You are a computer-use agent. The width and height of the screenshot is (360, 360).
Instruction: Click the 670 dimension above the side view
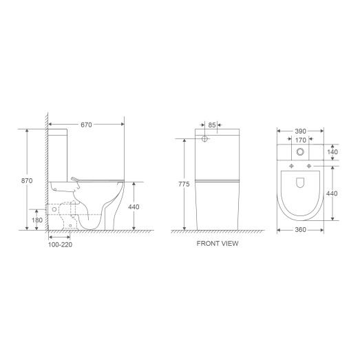click(86, 125)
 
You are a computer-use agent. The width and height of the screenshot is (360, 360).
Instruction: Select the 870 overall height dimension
click(27, 180)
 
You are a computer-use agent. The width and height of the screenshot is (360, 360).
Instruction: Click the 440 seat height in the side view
click(134, 206)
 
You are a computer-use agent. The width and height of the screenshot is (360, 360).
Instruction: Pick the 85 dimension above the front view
click(212, 125)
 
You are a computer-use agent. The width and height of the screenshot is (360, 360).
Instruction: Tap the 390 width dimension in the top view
click(299, 130)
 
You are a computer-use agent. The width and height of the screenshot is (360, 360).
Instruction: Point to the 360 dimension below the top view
click(299, 229)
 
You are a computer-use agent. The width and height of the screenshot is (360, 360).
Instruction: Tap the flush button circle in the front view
click(204, 139)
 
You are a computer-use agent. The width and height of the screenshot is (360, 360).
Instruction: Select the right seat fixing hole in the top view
click(308, 167)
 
